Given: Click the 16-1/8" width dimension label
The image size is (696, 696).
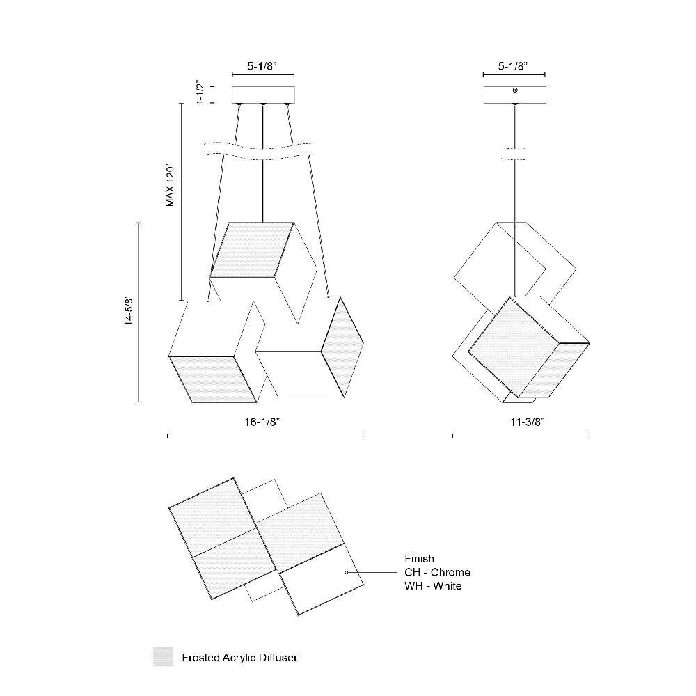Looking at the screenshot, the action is (x=262, y=422).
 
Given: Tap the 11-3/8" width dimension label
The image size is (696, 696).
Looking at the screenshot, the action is (x=528, y=422).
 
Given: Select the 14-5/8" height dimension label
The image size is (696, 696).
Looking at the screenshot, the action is (x=129, y=310).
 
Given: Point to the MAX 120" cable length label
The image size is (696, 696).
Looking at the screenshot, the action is (x=171, y=187).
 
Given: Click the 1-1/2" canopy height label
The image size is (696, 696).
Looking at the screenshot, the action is (x=200, y=93).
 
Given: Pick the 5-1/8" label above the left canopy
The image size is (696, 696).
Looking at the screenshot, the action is (x=262, y=66).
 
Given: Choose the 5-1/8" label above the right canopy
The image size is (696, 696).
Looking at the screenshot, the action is (x=513, y=66).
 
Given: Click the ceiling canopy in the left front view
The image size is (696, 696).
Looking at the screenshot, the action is (x=263, y=95).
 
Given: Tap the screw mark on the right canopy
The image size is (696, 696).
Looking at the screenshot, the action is (x=515, y=90).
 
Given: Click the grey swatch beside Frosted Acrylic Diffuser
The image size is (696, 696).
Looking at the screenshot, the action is (x=164, y=658).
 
